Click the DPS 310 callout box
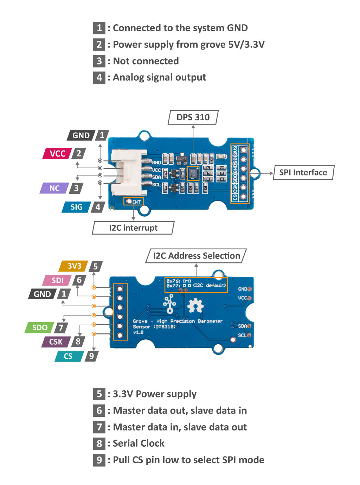point(193,117)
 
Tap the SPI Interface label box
point(303,172)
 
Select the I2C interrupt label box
point(133,228)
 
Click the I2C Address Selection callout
point(196,256)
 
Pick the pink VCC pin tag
point(57,153)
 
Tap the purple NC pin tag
point(54,188)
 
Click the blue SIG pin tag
point(76,207)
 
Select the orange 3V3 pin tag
point(74,266)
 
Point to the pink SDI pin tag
point(57,280)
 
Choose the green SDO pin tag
point(40,327)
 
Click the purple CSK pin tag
point(56,342)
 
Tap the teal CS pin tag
point(68,356)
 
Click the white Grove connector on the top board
point(128,173)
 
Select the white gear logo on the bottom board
point(195,306)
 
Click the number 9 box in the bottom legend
point(99,460)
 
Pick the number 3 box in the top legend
point(99,61)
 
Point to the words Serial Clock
point(139,443)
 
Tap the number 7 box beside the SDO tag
point(61,327)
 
